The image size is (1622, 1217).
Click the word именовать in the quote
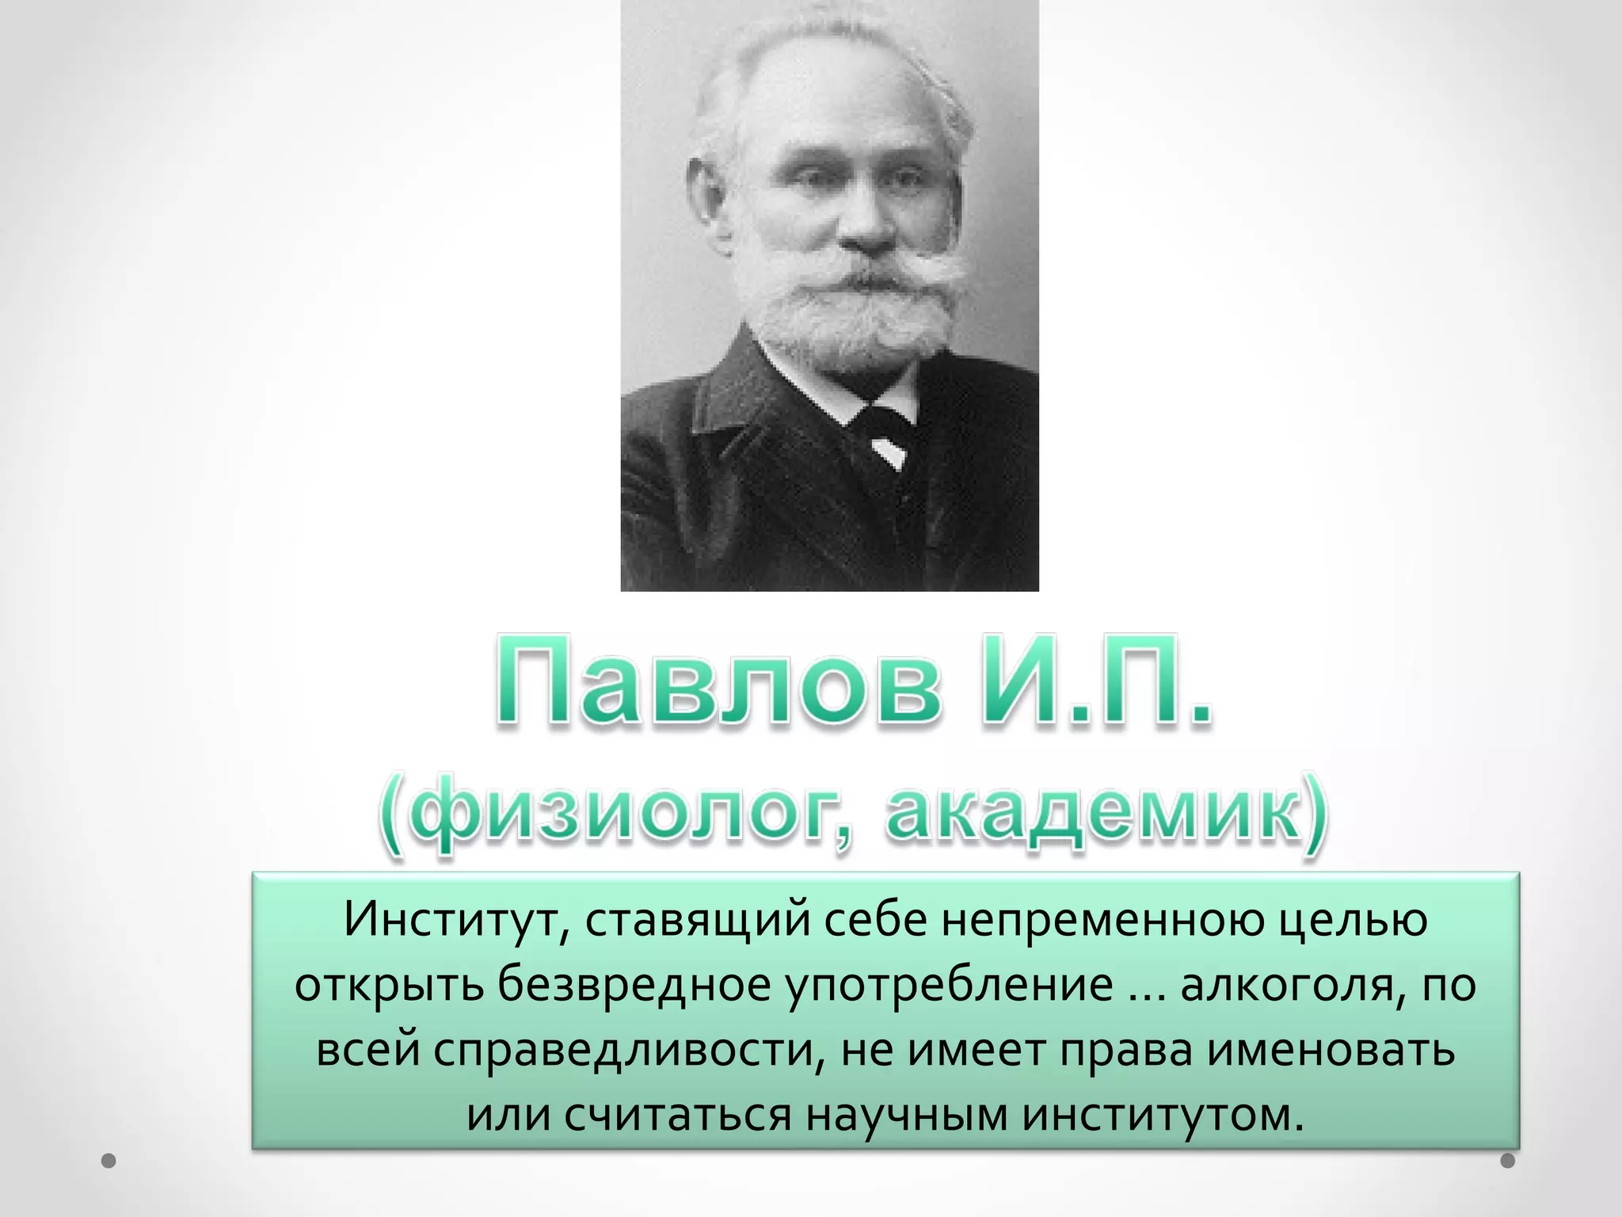pos(1331,1050)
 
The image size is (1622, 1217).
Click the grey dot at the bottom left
pos(109,1162)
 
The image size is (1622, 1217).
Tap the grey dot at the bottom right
pos(1508,1162)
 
